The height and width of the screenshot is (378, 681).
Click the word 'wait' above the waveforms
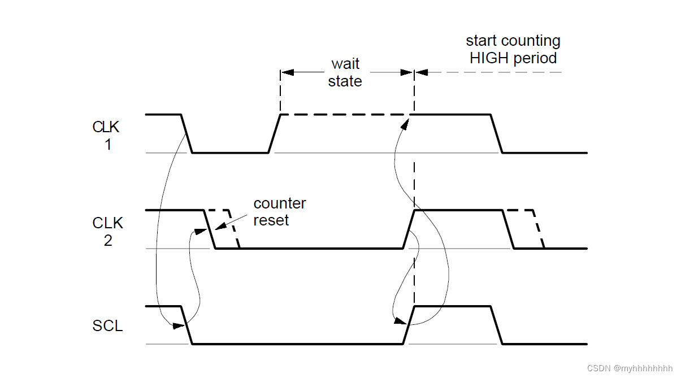point(345,64)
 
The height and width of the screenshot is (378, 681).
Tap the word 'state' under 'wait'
point(345,81)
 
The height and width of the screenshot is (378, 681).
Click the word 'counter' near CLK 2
point(280,203)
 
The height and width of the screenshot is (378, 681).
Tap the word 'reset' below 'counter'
point(271,220)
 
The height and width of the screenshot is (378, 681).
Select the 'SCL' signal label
point(107,326)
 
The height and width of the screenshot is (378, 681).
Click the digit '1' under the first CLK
point(107,145)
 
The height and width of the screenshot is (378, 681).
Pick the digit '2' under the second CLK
point(107,241)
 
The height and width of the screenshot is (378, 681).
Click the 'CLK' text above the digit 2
point(107,223)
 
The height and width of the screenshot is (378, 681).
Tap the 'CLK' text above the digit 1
point(107,127)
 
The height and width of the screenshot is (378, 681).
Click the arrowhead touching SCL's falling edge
point(179,325)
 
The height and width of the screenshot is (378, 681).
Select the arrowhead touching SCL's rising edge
point(400,321)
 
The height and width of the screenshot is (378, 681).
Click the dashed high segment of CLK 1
point(345,115)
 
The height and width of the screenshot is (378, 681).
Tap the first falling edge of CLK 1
point(186,133)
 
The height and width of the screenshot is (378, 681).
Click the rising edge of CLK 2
point(409,229)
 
